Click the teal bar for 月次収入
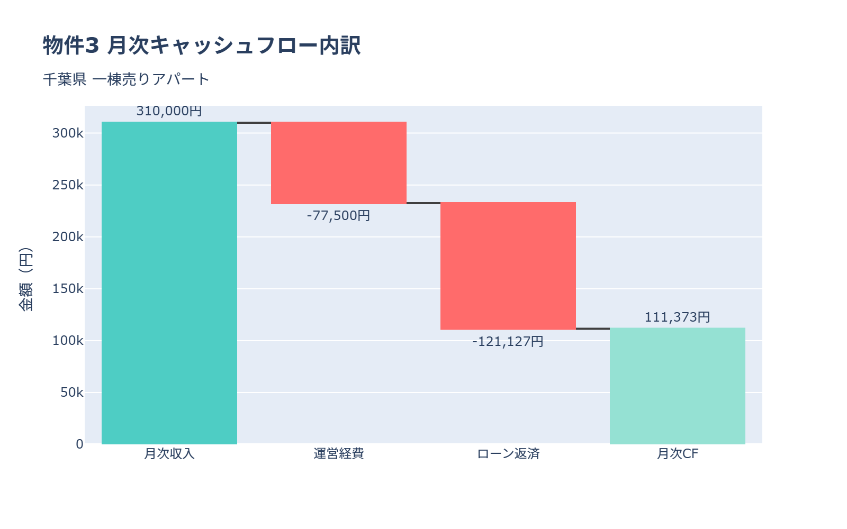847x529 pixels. point(169,283)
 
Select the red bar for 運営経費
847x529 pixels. point(339,163)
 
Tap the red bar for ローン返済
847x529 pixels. point(508,266)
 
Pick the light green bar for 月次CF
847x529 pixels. point(678,386)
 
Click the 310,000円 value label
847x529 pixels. point(169,111)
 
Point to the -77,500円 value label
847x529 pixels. point(339,216)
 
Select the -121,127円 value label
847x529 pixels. point(508,342)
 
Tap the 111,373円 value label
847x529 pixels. point(678,317)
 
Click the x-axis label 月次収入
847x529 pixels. point(169,454)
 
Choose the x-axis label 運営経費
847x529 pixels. point(339,454)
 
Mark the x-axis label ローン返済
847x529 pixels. point(508,454)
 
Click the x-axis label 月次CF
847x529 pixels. point(678,454)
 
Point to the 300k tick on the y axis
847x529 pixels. point(68,133)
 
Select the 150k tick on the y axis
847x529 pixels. point(68,289)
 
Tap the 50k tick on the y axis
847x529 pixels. point(71,393)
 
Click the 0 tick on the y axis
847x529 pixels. point(79,444)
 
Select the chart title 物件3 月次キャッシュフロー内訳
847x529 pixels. point(202,45)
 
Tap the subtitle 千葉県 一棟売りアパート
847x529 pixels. point(127,79)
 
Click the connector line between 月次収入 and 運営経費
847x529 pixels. point(254,123)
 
